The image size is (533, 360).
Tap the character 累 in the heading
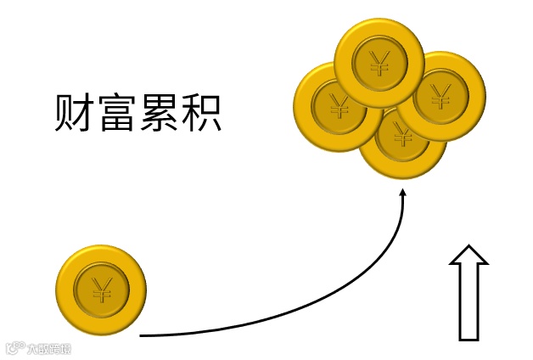(160, 113)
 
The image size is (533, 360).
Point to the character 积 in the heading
(201, 113)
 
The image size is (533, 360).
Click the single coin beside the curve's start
(101, 290)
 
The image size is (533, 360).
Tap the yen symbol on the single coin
(102, 290)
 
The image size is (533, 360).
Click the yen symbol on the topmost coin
(379, 60)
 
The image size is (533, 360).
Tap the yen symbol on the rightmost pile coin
(440, 95)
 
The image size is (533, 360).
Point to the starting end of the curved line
(141, 335)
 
